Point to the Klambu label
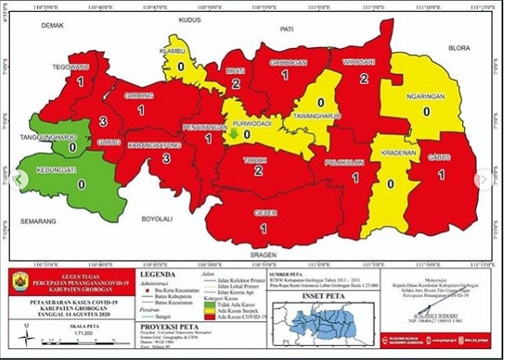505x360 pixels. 181,50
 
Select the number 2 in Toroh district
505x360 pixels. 257,171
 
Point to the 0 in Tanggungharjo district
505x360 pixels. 72,147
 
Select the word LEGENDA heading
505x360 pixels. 158,273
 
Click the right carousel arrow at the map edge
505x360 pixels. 483,179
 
